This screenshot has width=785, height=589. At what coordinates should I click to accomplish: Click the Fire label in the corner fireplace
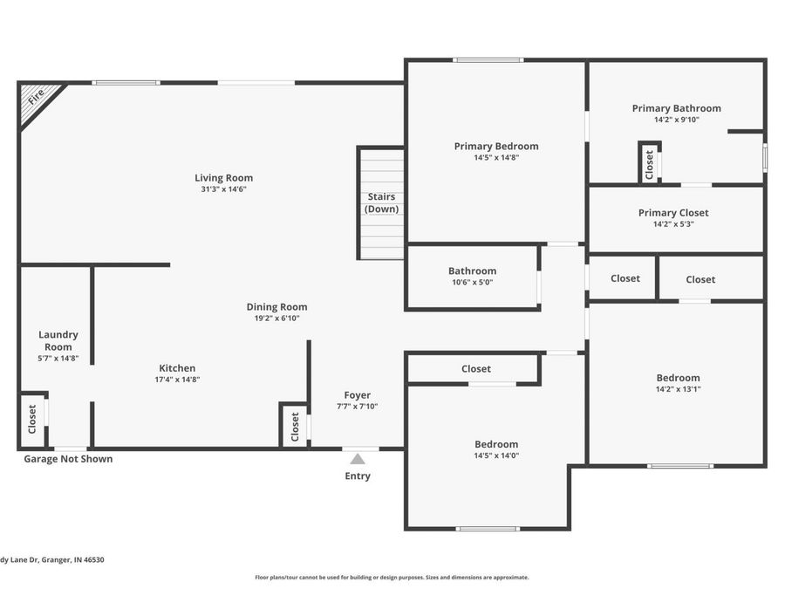[x=36, y=96]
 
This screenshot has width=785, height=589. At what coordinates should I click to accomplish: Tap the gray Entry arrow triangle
[x=358, y=459]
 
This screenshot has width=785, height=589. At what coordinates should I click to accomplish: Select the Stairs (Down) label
[x=381, y=202]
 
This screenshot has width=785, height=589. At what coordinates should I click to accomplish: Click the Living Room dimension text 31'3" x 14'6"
[x=224, y=189]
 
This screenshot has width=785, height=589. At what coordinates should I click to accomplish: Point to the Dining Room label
[x=276, y=307]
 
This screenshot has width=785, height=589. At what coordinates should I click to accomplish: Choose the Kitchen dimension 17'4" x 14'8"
[x=177, y=380]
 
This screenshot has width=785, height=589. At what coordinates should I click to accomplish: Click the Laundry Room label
[x=58, y=340]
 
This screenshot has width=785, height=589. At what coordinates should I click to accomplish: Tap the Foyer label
[x=358, y=395]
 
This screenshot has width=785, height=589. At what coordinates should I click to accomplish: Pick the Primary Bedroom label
[x=496, y=147]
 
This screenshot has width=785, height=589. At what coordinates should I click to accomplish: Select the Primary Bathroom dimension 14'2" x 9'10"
[x=676, y=120]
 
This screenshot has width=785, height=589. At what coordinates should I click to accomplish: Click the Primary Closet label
[x=673, y=213]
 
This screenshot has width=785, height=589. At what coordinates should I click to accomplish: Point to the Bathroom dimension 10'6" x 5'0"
[x=473, y=283]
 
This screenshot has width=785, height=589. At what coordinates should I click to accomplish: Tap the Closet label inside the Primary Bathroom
[x=649, y=165]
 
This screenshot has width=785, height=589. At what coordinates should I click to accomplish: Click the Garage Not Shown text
[x=68, y=459]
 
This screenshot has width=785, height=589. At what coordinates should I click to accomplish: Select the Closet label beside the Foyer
[x=295, y=427]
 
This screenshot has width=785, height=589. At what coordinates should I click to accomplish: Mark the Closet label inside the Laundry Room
[x=32, y=419]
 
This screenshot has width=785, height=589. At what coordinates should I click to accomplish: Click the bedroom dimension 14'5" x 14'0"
[x=496, y=455]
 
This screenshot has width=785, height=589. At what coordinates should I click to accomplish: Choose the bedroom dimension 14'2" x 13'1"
[x=678, y=389]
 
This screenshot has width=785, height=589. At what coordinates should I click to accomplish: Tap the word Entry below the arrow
[x=358, y=476]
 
